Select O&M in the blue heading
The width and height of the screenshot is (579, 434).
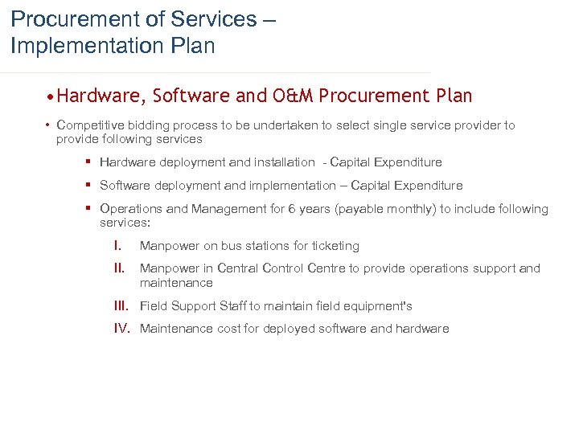(x=286, y=96)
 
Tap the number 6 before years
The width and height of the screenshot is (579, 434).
(x=292, y=209)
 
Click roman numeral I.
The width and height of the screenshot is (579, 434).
(x=117, y=246)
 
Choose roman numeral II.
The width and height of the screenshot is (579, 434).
(x=118, y=268)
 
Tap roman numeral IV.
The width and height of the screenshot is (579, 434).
(x=122, y=329)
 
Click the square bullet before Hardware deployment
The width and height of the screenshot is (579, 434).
(x=88, y=162)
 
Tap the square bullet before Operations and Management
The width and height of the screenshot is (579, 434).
(x=88, y=209)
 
